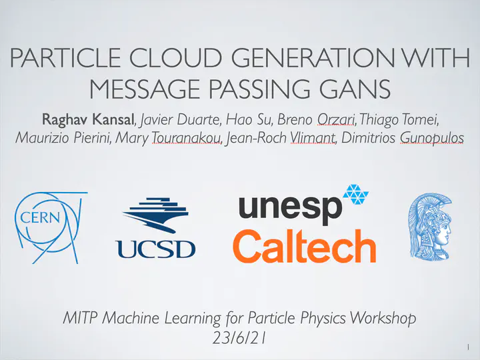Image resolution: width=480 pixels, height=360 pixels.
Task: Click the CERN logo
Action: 49,227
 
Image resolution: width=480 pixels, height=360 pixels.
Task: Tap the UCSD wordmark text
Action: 155,249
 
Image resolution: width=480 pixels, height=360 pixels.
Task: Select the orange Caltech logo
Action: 304,246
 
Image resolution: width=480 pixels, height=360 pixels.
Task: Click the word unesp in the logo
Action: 290,208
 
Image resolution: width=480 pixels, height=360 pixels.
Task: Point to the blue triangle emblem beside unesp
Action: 356,194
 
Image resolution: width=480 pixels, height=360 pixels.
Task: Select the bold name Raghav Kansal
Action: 88,119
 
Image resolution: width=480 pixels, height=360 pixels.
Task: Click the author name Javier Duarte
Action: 179,119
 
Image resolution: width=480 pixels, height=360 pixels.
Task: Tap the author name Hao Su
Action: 249,119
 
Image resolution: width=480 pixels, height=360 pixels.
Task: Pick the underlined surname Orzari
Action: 336,120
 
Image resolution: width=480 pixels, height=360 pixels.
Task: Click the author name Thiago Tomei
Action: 399,120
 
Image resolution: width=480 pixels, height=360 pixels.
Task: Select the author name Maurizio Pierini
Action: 63,138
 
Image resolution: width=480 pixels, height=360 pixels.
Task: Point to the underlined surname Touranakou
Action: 187,138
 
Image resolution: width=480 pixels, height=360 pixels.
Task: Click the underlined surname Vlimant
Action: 313,138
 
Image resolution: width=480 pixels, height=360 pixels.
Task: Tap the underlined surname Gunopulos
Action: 431,138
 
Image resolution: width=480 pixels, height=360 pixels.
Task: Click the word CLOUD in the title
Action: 175,57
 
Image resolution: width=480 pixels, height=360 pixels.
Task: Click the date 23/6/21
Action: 239,338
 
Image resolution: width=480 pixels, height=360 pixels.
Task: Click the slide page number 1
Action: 469,347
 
